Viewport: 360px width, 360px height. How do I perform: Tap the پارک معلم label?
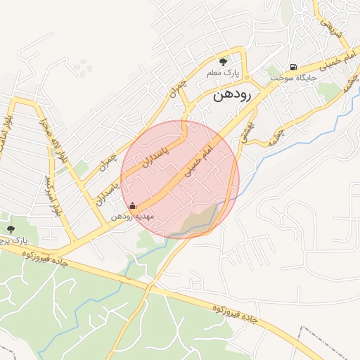pyautogui.click(x=224, y=73)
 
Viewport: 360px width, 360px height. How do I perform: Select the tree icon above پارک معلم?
pyautogui.click(x=224, y=62)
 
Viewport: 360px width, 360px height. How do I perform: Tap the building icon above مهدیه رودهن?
pyautogui.click(x=133, y=206)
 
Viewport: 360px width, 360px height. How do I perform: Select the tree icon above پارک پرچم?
pyautogui.click(x=11, y=229)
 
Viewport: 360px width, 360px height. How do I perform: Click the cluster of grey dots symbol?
pyautogui.click(x=84, y=68)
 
